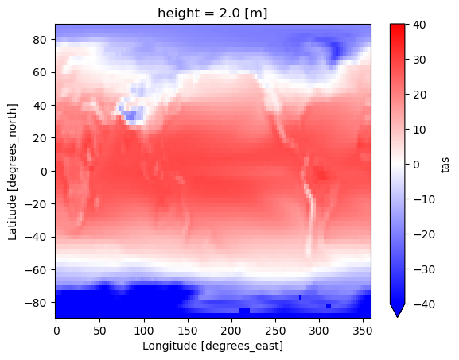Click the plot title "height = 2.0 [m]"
coord(212,14)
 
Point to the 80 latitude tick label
coord(40,40)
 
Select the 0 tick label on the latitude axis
coord(44,172)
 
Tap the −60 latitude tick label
coord(36,270)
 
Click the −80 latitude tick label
coord(36,303)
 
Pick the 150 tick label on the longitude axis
coord(188,331)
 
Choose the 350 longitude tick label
coord(363,331)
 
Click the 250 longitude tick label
coord(275,331)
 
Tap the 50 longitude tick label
coord(99,331)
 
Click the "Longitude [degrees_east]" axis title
coord(213,346)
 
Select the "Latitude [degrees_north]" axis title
coord(12,172)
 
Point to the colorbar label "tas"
coord(445,165)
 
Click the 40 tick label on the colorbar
coord(420,25)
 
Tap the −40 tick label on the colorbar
coord(424,304)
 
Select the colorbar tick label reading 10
coord(420,130)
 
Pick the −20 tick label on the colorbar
coord(424,234)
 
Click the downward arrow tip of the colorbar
coord(397,317)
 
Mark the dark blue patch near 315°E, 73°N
coord(336,51)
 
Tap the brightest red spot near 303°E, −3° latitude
coord(321,175)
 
